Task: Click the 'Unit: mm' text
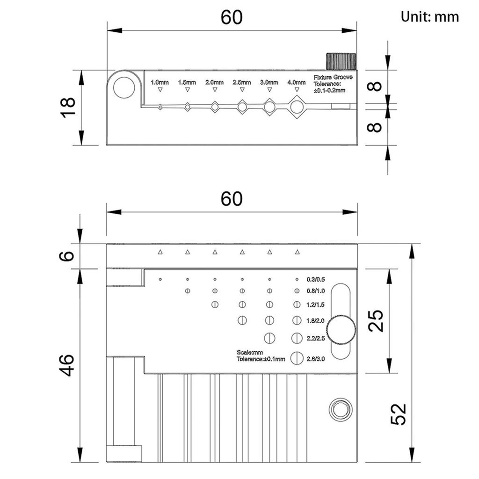[429, 17]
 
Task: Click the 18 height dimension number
[68, 108]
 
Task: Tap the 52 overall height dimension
[398, 414]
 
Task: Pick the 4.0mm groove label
[296, 82]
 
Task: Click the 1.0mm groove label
[160, 82]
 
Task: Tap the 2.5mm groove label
[242, 82]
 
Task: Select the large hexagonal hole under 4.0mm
[297, 107]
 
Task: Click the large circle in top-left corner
[124, 88]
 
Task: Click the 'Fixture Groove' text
[333, 77]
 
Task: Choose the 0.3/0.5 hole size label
[315, 280]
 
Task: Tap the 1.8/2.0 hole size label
[315, 320]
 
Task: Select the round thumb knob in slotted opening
[341, 331]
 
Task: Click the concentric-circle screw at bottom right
[340, 410]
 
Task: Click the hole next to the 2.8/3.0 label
[297, 358]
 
